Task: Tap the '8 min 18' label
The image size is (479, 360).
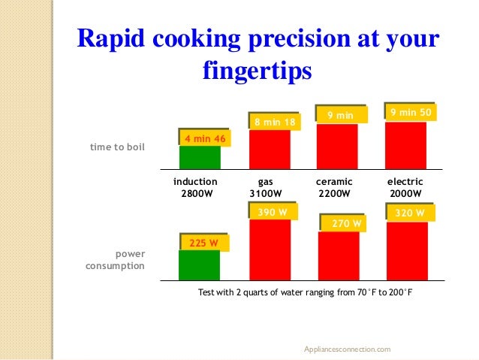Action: pyautogui.click(x=274, y=122)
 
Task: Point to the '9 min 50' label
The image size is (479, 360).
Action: pyautogui.click(x=410, y=113)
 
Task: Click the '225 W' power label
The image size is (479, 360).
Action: pyautogui.click(x=204, y=244)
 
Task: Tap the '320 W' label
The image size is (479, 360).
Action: pyautogui.click(x=410, y=213)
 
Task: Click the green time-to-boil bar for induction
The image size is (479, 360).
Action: pyautogui.click(x=200, y=158)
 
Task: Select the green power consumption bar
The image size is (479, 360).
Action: pyautogui.click(x=200, y=265)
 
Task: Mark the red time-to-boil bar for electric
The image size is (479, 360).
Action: pyautogui.click(x=405, y=147)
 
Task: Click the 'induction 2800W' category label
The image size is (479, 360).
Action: pyautogui.click(x=195, y=187)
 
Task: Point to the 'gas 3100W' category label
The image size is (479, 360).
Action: pyautogui.click(x=265, y=187)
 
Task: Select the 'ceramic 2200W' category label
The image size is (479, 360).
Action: pyautogui.click(x=334, y=187)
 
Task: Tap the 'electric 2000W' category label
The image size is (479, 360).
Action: pyautogui.click(x=405, y=187)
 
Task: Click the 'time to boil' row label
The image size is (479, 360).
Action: pyautogui.click(x=116, y=147)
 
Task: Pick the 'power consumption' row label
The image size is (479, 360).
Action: pyautogui.click(x=113, y=260)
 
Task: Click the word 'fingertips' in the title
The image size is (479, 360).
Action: pyautogui.click(x=256, y=71)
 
